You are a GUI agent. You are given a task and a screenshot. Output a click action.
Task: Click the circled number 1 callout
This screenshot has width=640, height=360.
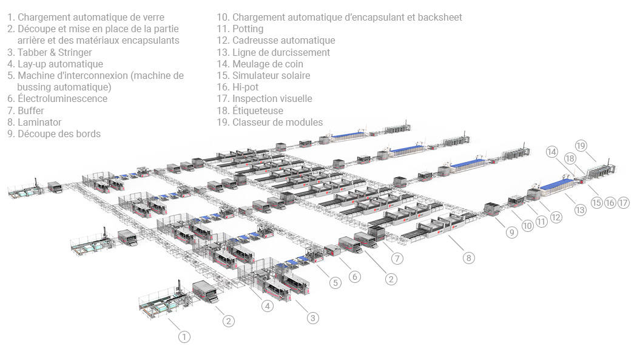pyautogui.click(x=184, y=336)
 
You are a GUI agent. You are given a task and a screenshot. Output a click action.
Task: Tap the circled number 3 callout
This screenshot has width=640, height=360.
pyautogui.click(x=312, y=318)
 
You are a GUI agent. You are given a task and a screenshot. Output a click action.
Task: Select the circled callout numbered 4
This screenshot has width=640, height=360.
pyautogui.click(x=268, y=306)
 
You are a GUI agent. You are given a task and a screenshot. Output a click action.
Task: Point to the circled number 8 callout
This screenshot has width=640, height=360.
pyautogui.click(x=468, y=257)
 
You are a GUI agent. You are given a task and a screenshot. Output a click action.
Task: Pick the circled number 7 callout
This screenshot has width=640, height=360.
pyautogui.click(x=397, y=259)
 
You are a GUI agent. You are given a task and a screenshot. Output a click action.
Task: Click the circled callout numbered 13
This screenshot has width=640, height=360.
pyautogui.click(x=581, y=210)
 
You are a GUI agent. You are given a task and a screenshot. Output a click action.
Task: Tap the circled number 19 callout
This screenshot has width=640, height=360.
pyautogui.click(x=581, y=146)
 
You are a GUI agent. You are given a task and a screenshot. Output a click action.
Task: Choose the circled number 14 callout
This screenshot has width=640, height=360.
pyautogui.click(x=551, y=152)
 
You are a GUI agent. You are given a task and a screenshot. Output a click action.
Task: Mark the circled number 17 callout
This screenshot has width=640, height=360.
pyautogui.click(x=624, y=203)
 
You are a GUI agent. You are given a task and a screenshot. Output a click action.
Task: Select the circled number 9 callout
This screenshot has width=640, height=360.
pyautogui.click(x=512, y=232)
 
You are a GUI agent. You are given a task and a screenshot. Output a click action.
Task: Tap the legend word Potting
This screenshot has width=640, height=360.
pyautogui.click(x=248, y=29)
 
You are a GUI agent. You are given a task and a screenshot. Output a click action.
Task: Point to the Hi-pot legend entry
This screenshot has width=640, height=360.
pyautogui.click(x=245, y=87)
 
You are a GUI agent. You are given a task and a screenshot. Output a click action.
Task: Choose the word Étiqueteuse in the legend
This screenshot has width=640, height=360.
pyautogui.click(x=257, y=110)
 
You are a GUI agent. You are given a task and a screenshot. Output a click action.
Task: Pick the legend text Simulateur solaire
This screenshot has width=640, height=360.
pyautogui.click(x=271, y=76)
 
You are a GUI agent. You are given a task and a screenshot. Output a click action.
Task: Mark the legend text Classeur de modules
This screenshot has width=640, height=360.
pyautogui.click(x=277, y=122)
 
